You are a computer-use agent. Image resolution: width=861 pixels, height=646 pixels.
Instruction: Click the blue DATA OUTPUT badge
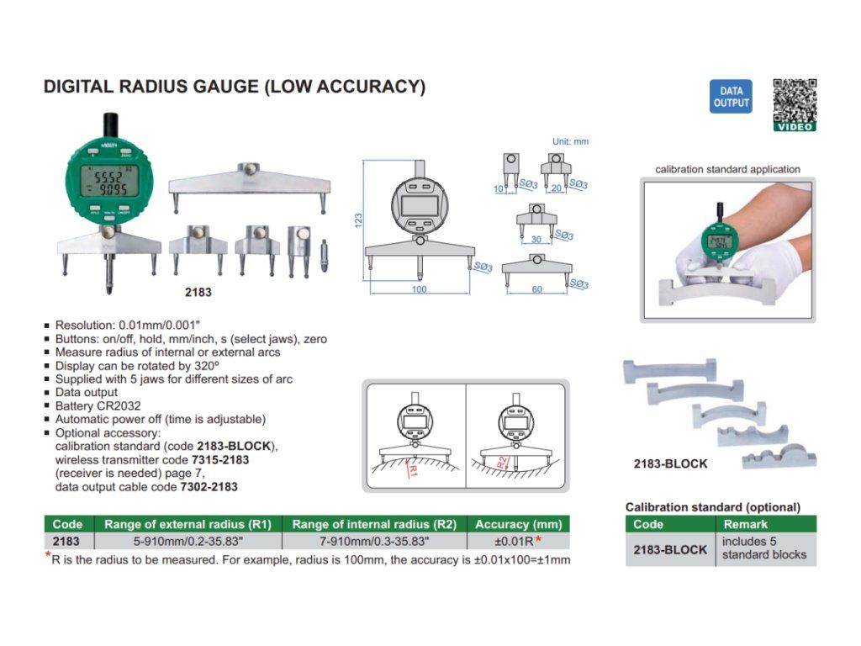731,97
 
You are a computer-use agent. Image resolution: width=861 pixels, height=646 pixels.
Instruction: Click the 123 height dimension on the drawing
358,220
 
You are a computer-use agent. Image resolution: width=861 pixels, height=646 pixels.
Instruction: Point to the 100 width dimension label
420,289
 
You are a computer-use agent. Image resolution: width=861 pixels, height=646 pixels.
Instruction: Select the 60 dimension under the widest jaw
537,289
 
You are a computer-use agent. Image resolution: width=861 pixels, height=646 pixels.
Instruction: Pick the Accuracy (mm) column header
517,524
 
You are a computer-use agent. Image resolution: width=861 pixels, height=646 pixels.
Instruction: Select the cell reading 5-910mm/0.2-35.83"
188,542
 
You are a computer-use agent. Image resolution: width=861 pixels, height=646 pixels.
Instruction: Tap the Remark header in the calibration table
745,524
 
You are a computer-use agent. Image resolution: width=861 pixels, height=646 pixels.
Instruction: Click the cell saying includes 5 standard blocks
763,548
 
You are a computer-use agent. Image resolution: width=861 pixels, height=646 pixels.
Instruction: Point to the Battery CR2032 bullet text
98,405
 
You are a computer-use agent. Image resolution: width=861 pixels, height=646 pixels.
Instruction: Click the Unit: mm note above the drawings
570,141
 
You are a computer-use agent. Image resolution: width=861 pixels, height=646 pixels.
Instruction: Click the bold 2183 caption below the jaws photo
198,293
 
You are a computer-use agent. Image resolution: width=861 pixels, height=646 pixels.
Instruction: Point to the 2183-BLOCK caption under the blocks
670,463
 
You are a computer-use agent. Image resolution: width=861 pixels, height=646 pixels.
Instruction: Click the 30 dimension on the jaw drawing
536,239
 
